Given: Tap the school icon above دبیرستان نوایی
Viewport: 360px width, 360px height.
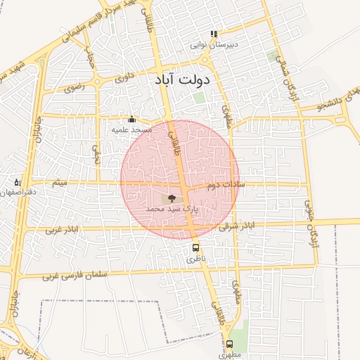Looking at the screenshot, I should pos(214,34).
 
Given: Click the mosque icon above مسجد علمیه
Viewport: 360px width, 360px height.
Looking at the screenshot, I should pos(131,120).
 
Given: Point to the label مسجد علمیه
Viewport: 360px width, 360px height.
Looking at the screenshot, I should pos(131,130).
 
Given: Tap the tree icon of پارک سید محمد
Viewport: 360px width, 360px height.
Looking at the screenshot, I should pos(172,199).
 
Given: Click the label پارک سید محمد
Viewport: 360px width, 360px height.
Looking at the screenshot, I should pos(173,210).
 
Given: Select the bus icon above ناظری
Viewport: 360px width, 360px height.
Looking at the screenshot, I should pos(195,247).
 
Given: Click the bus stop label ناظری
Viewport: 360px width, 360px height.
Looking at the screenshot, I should pos(196,259).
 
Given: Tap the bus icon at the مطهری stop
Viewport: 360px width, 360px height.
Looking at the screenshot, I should pos(229,344).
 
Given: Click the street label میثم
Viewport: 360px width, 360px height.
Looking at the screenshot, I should pos(60,184).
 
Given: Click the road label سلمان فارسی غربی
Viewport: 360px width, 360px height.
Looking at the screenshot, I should pos(68,276).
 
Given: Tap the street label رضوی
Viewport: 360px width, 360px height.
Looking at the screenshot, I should pos(73,89).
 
